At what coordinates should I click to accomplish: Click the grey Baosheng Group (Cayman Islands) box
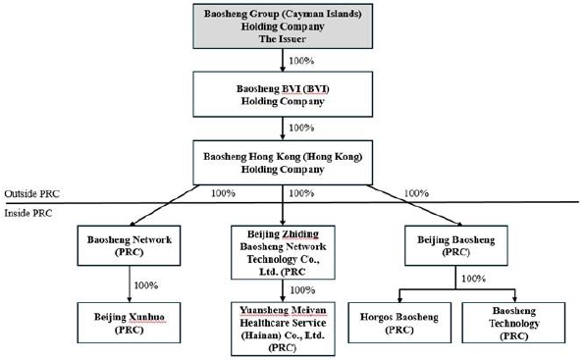coord(283,26)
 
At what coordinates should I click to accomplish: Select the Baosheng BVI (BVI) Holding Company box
coord(283,94)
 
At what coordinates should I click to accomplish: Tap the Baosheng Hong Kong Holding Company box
coord(283,163)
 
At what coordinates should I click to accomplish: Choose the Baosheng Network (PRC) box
coord(130,245)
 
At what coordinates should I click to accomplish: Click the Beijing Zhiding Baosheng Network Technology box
coord(283,252)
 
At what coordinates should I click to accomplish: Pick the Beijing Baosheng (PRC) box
coord(455,245)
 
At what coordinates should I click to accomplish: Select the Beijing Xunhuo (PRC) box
coord(130,323)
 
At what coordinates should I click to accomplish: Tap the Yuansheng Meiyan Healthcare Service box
coord(283,329)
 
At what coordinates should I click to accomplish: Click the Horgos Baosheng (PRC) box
coord(399,323)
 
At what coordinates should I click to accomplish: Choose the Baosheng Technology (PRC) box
coord(513,323)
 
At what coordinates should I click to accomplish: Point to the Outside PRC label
coord(31,194)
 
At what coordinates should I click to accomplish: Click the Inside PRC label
coord(28,213)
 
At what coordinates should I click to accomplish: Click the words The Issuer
coord(283,39)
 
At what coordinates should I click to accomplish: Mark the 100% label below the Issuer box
coord(301,61)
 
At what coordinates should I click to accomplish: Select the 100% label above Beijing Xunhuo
coord(146,285)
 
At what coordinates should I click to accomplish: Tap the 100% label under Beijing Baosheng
coord(473,279)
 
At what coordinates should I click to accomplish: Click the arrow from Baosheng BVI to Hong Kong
coord(283,129)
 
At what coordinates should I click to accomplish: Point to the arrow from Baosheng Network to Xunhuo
coord(130,283)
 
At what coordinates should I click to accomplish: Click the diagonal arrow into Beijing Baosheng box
coord(414,205)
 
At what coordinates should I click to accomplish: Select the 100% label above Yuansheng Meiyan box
coord(302,290)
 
